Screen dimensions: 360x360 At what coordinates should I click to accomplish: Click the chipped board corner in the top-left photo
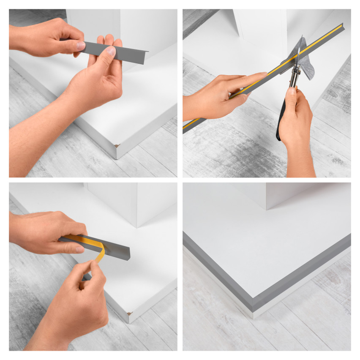pos(117,146)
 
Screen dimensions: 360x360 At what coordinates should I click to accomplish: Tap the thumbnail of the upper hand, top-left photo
pos(80,46)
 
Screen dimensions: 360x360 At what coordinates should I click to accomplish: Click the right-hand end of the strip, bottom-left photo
pos(127,255)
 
